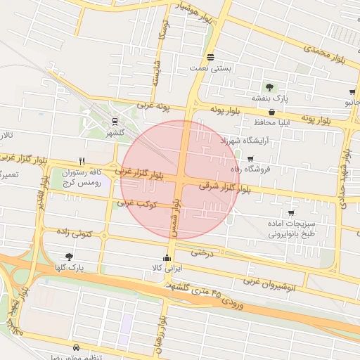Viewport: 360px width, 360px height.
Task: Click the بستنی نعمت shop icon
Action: coord(210,57)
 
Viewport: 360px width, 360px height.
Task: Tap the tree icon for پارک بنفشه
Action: coord(269,87)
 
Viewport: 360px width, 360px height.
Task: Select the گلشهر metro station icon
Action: coord(115,120)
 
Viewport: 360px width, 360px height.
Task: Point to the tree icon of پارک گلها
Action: coord(68,257)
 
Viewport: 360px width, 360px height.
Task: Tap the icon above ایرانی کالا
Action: coord(167,257)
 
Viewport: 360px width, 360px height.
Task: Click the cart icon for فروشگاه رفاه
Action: coord(250,159)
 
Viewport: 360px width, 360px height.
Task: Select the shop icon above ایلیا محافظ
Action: coord(271,112)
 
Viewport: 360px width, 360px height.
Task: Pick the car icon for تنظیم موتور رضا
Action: coord(76,347)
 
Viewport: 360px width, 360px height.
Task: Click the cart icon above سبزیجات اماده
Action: coord(291,213)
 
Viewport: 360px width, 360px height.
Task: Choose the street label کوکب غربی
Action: coord(135,203)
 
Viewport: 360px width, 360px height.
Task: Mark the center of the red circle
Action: coord(180,179)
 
